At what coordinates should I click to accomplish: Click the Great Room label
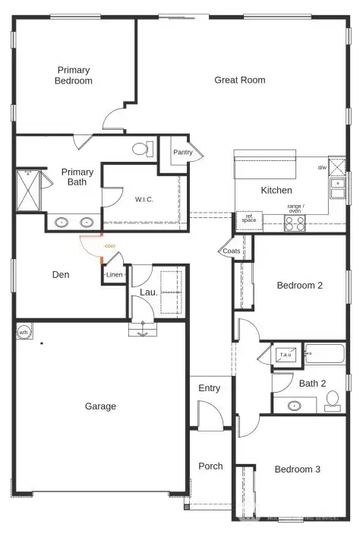pos(239,80)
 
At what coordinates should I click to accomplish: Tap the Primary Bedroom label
pos(74,75)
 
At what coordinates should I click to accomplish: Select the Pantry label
pos(183,153)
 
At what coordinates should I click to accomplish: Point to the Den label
pos(61,274)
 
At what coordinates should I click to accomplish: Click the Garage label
pos(100,406)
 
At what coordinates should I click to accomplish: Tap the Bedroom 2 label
pos(299,286)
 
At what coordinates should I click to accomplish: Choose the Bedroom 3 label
pos(297,469)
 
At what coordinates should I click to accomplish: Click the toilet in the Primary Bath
pos(141,148)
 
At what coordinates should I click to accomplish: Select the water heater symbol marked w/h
pos(24,332)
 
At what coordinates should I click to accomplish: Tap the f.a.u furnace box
pos(286,355)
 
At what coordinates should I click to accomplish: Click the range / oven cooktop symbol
pos(295,223)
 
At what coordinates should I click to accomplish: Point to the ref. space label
pos(248,217)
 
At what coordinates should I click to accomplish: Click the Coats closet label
pos(232,251)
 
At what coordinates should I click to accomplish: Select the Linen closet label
pos(114,275)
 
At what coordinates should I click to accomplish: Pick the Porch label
pos(210,466)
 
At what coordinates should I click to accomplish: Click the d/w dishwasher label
pos(321,167)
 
